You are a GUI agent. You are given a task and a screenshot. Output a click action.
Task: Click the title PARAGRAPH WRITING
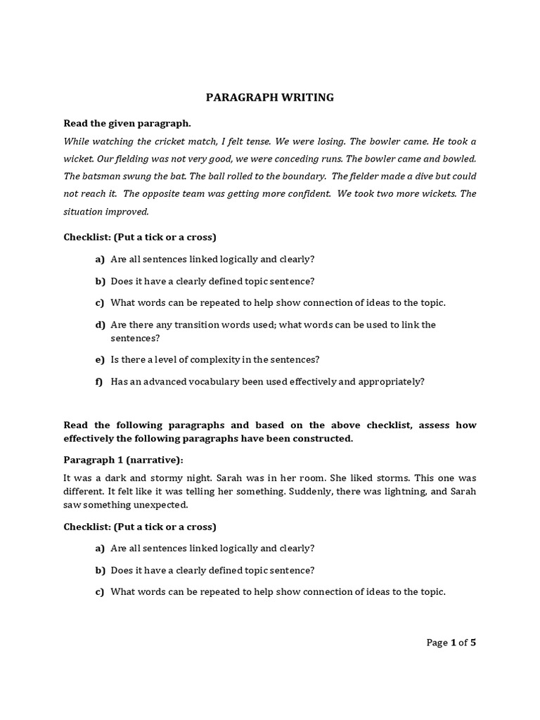click(269, 98)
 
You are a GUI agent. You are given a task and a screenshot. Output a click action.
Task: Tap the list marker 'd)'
click(100, 325)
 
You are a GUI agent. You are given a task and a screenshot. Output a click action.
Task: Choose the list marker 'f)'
click(100, 382)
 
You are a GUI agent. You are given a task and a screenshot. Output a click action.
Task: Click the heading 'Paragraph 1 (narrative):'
click(123, 460)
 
